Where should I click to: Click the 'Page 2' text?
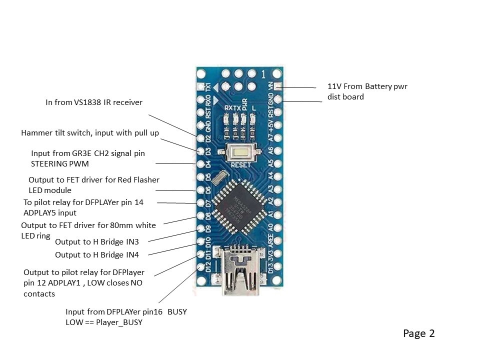pos(419,333)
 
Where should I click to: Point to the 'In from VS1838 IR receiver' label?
pos(94,102)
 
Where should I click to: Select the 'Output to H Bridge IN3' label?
pos(97,242)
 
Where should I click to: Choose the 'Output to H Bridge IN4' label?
pos(97,255)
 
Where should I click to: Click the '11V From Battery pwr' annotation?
pos(367,86)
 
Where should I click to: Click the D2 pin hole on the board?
pos(201,138)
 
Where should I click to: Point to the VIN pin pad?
pos(278,86)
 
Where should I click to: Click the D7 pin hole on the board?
pos(201,203)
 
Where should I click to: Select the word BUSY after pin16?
pos(177,312)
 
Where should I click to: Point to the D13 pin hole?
pos(278,268)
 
